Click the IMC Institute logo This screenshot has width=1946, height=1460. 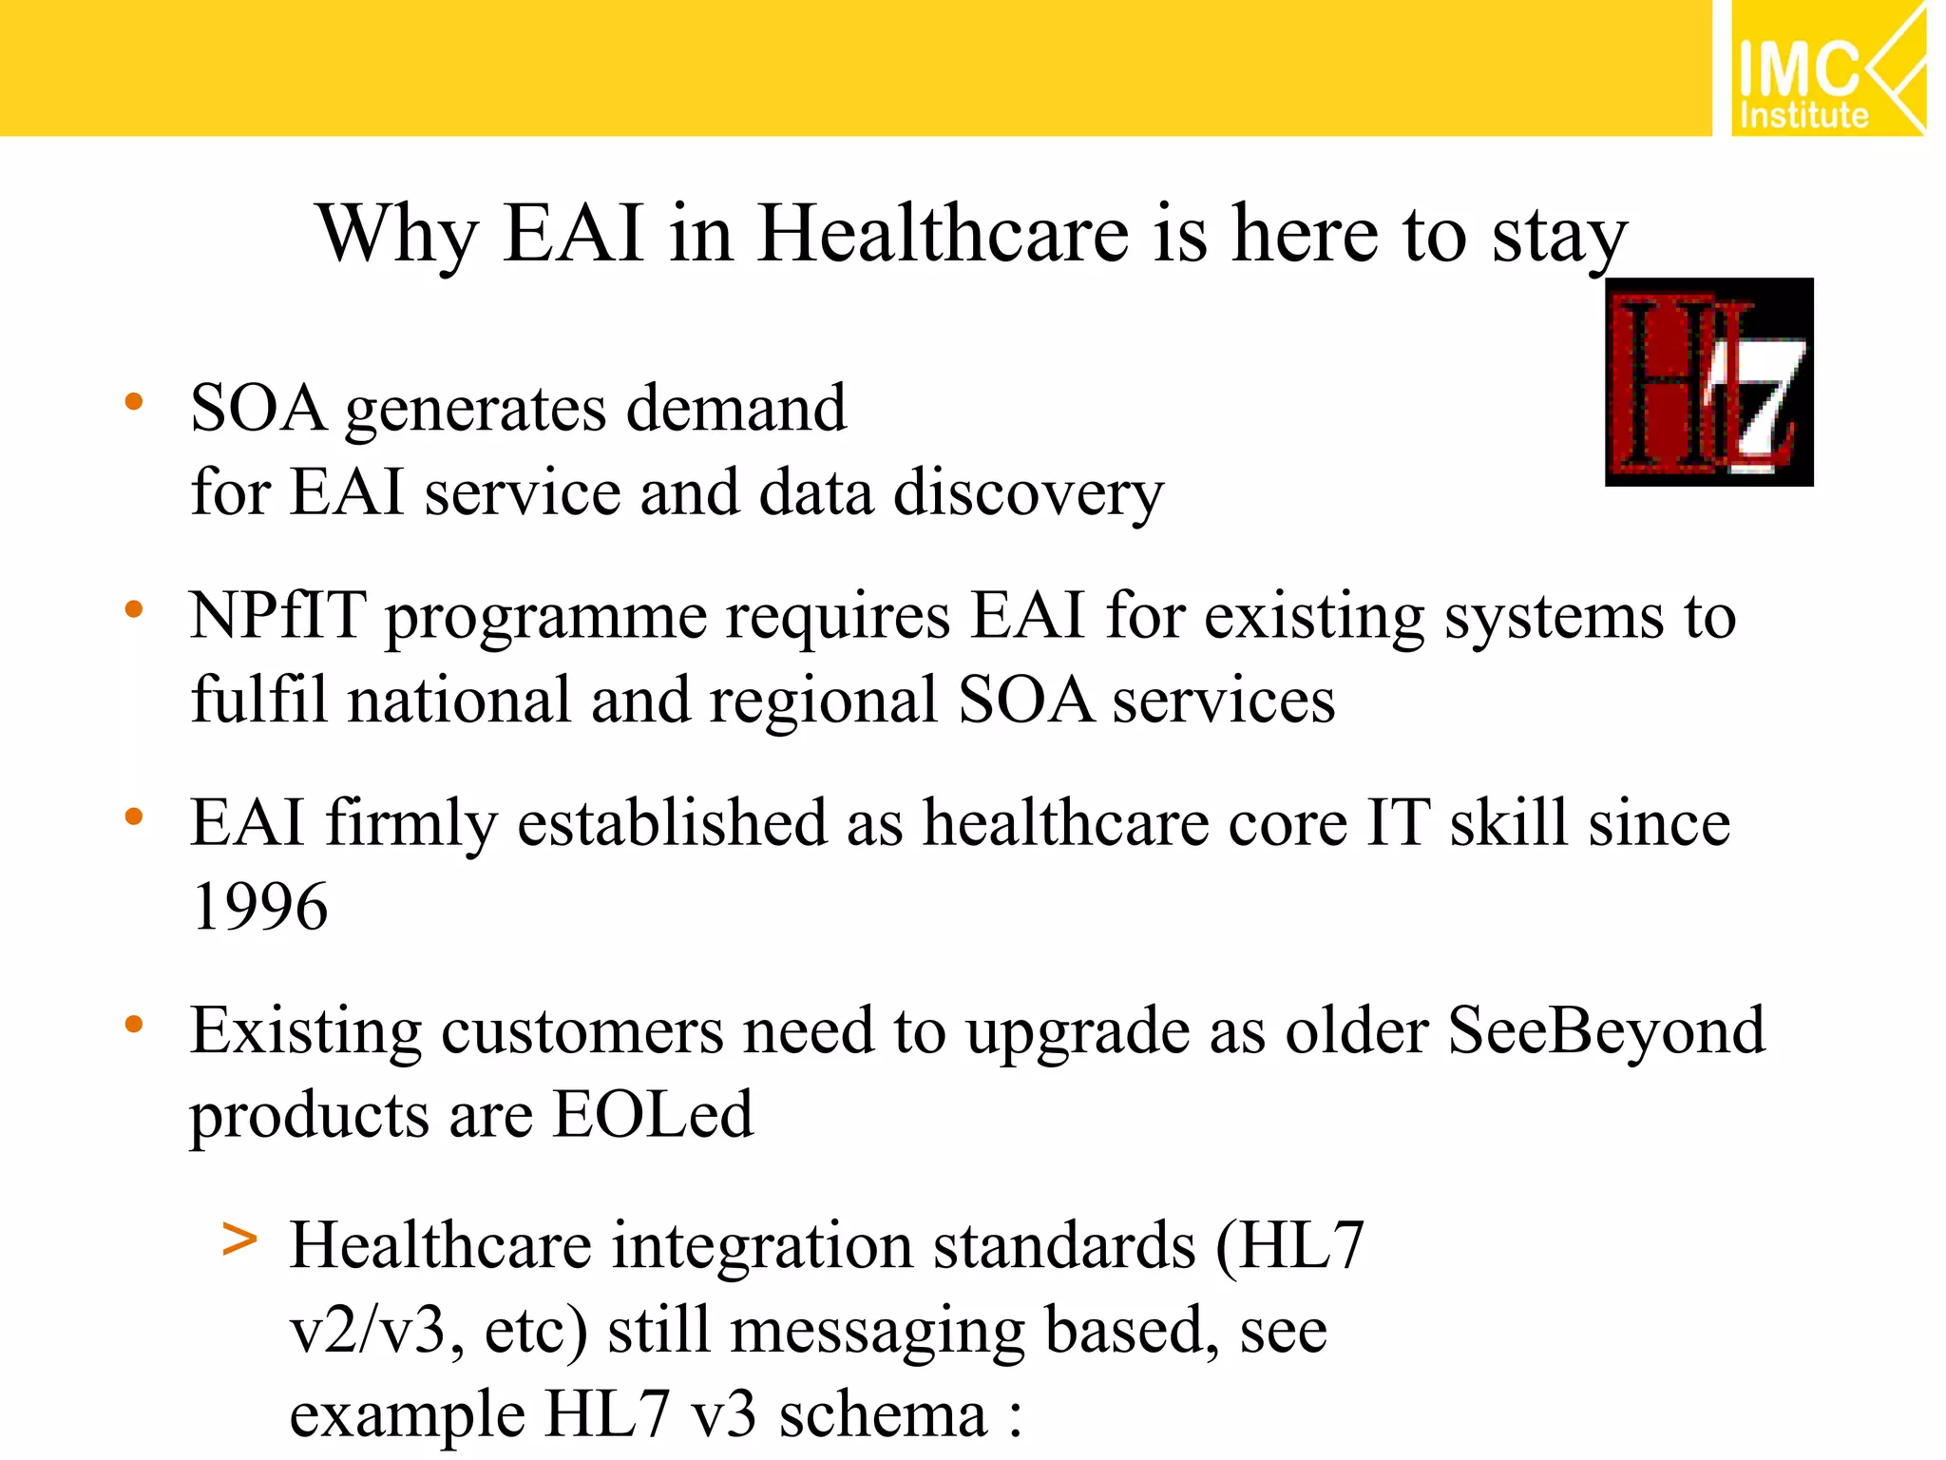click(x=1827, y=68)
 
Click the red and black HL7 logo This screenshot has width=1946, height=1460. click(x=1708, y=382)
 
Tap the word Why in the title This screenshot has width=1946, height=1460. click(x=397, y=236)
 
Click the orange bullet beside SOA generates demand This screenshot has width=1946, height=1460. click(x=134, y=402)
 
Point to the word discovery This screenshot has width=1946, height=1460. click(x=1028, y=494)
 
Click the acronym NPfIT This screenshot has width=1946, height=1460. click(x=277, y=616)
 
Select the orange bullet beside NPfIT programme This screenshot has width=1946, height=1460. click(x=134, y=609)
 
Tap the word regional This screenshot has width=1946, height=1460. click(x=824, y=701)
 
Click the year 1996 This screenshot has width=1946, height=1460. click(x=259, y=906)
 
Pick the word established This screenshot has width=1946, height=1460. click(x=672, y=823)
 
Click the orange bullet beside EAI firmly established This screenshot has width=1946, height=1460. click(x=134, y=816)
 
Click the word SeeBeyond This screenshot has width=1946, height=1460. click(x=1606, y=1031)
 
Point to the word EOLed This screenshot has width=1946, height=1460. click(x=653, y=1114)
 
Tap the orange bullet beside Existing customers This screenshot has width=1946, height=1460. click(x=134, y=1024)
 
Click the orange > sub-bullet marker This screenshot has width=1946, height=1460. click(x=239, y=1239)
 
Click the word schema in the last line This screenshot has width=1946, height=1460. click(x=883, y=1415)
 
